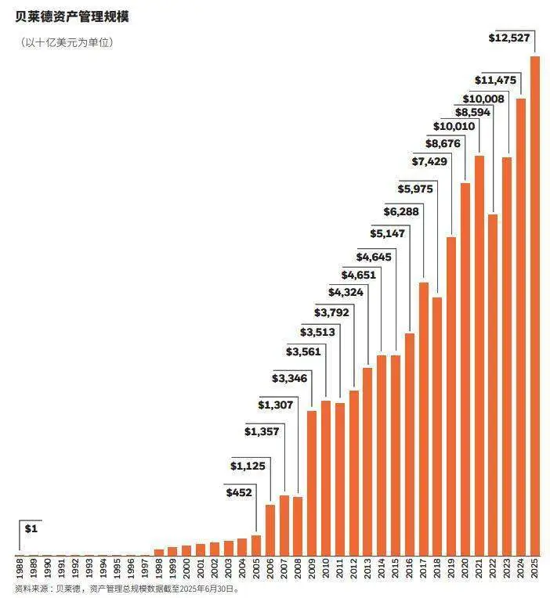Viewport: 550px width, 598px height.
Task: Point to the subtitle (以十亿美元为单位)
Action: [x=67, y=42]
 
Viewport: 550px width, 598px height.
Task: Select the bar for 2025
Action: [x=535, y=305]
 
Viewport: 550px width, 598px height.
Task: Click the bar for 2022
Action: [x=493, y=384]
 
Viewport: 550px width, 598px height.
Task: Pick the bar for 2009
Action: [x=312, y=482]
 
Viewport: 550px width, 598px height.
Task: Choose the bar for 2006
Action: [x=270, y=529]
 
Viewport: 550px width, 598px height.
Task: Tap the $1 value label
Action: [x=31, y=529]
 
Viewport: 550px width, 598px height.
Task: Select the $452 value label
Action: [x=239, y=493]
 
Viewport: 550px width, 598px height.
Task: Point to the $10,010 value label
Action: [x=454, y=126]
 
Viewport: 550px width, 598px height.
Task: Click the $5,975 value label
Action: [x=413, y=189]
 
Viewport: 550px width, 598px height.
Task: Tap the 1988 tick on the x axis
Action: [x=19, y=567]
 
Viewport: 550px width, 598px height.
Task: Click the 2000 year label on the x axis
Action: [x=186, y=567]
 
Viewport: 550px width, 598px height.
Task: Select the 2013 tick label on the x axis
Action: [x=367, y=567]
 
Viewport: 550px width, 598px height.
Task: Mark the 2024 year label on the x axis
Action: [x=521, y=567]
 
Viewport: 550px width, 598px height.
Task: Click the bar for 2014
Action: [x=382, y=455]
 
